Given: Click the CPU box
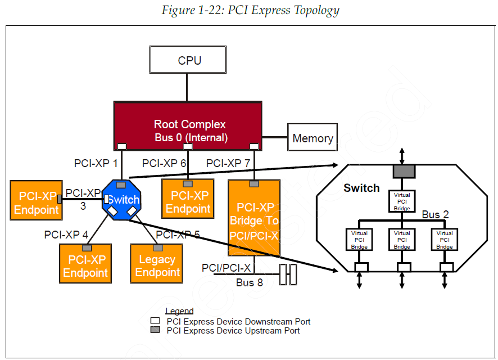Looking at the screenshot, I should coord(188,60).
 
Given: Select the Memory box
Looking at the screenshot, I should coord(313,138).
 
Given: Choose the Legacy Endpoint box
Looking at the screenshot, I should coord(157,266).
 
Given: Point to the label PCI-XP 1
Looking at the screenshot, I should coord(96,163).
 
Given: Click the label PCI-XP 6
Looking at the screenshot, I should coord(164,163).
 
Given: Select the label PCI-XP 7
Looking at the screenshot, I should coord(228,163).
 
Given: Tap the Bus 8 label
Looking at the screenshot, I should coord(249,282).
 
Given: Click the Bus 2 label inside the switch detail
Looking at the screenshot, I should coord(435,215).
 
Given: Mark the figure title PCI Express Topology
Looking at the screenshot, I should coord(250,11).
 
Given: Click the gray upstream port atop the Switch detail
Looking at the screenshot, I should coord(402,170).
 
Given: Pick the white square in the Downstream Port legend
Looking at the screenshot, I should coord(155,321).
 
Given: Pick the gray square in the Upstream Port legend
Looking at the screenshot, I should coord(155,330).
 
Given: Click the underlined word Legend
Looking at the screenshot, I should coord(179,311).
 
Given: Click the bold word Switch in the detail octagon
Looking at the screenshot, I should coord(361,188).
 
